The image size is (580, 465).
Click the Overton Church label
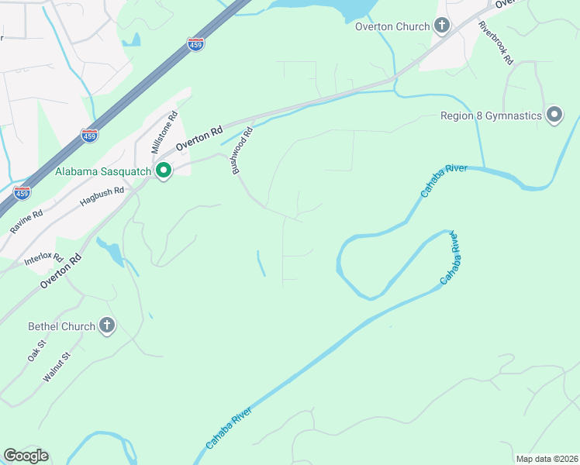(392, 26)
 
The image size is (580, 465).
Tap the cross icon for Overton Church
(442, 26)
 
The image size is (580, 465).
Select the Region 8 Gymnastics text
(491, 116)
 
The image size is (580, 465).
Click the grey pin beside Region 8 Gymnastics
(554, 115)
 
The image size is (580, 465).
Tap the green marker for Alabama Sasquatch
(164, 170)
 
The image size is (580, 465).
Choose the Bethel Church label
(61, 326)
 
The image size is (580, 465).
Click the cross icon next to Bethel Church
(107, 326)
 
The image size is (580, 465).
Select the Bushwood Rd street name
(241, 150)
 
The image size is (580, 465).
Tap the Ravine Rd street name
(27, 221)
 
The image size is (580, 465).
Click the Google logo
(26, 456)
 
